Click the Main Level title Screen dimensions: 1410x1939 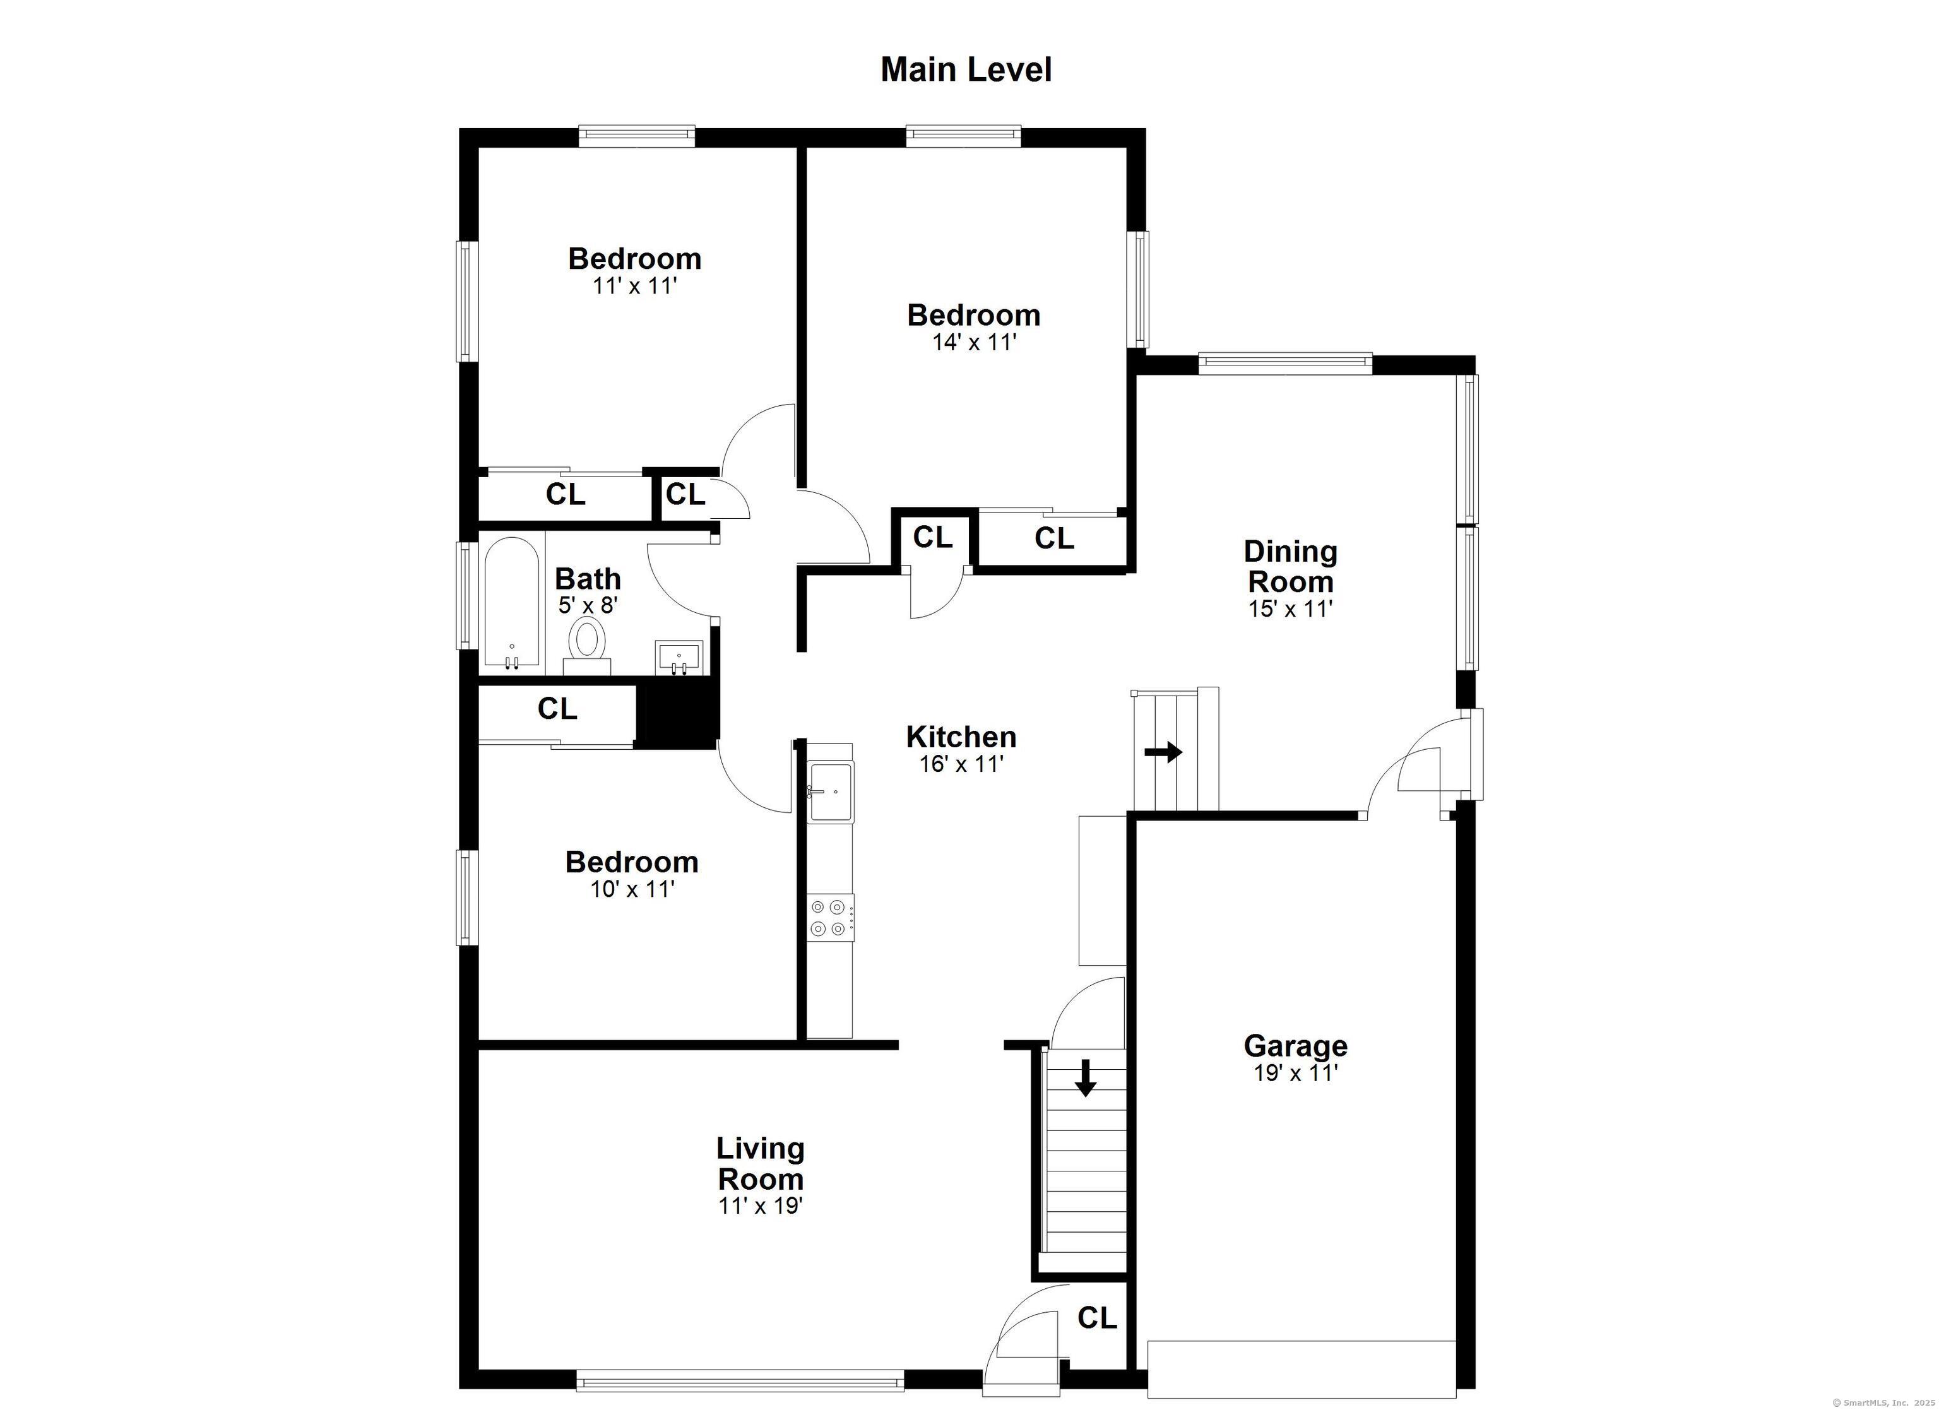[966, 70]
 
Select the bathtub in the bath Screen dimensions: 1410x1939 [511, 602]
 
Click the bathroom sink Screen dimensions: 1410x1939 [678, 656]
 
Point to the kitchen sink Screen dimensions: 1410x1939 [829, 792]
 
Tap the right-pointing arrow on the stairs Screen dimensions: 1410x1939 [1163, 752]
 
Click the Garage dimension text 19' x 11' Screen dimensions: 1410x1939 [1295, 1073]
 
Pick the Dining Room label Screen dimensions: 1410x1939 [1290, 566]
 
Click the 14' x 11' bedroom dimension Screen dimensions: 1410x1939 [974, 343]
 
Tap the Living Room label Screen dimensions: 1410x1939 [760, 1164]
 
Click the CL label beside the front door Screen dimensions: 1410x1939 [1097, 1318]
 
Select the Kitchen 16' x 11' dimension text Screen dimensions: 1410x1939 [961, 764]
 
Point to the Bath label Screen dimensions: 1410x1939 [588, 579]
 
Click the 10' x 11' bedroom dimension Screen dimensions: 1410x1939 [632, 889]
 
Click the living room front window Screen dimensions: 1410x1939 [740, 1381]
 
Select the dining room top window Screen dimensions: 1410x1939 [1285, 364]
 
